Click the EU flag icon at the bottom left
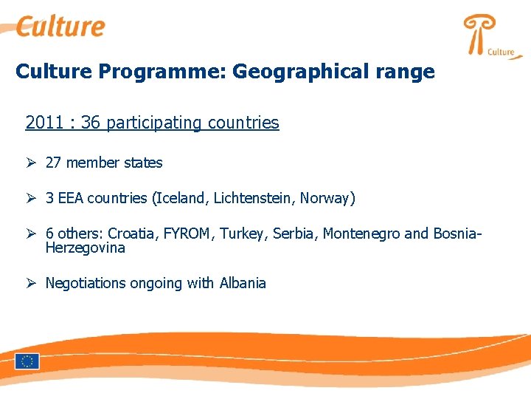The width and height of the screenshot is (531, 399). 27,361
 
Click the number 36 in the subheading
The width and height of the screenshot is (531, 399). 91,123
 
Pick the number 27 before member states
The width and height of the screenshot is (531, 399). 54,163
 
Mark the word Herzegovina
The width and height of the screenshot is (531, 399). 85,248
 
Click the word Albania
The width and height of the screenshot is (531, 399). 243,283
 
